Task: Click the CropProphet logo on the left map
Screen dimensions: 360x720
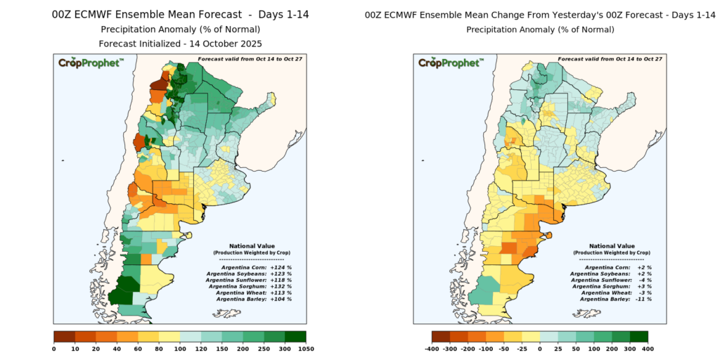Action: (91, 63)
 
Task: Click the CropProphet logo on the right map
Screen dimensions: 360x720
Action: (450, 63)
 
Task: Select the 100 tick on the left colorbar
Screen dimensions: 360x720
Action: (179, 349)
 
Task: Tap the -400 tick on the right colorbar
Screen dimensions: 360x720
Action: (432, 349)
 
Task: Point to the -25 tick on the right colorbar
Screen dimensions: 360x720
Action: (522, 349)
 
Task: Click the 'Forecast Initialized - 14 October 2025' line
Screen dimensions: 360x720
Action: (180, 43)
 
